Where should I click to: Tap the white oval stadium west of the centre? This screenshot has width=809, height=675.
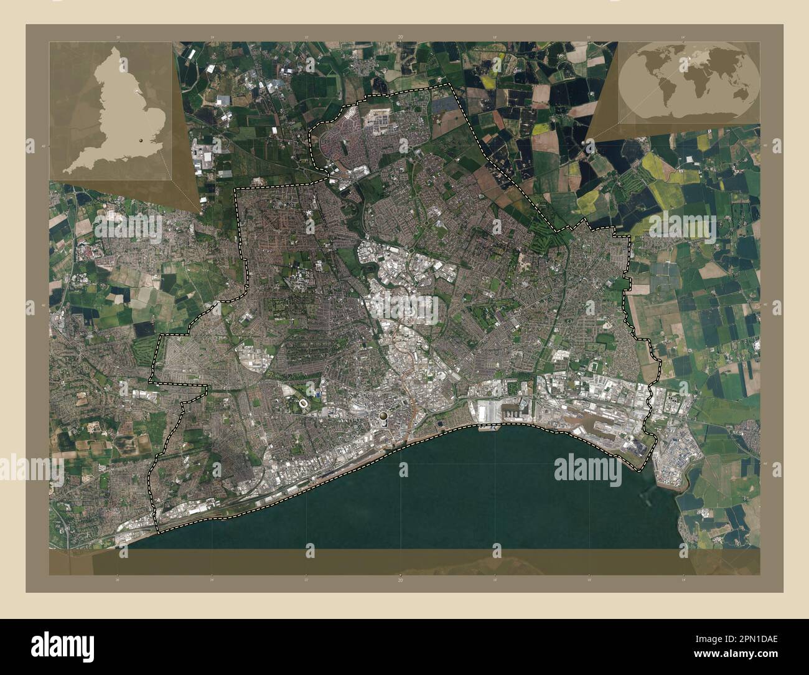[x=303, y=405]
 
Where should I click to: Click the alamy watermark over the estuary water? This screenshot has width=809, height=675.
[x=589, y=468]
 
